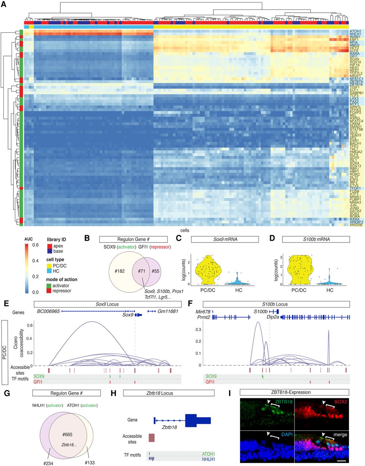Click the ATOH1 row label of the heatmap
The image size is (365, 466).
pos(355,31)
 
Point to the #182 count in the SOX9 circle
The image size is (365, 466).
pos(120,271)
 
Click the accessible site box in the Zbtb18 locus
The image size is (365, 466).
pos(151,438)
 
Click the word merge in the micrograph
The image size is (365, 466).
pos(340,434)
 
